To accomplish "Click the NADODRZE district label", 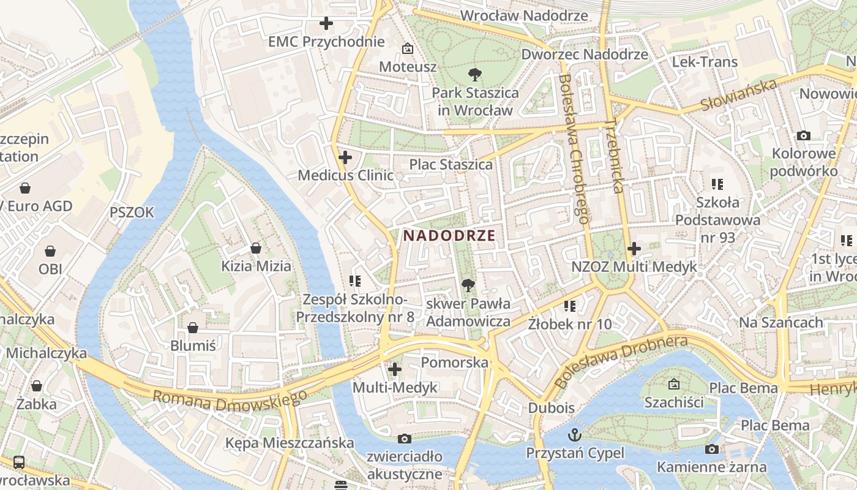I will click(449, 235).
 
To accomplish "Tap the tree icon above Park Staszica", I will click(474, 75).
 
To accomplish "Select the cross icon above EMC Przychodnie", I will click(326, 24).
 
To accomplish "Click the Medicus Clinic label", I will click(345, 175).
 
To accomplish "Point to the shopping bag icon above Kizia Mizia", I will click(256, 248).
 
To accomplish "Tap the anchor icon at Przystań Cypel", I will click(575, 435).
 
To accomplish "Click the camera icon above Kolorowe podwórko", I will click(804, 135).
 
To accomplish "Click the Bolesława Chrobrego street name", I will click(574, 149).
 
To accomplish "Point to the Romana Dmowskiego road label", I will click(230, 400).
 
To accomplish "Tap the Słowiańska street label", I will click(738, 96).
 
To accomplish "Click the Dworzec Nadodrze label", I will click(584, 55).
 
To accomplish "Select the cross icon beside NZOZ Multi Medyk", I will click(634, 249).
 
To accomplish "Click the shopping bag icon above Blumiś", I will click(193, 328).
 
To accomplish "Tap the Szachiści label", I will click(673, 402).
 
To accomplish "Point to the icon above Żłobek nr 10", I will click(570, 305).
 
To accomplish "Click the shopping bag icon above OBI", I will click(50, 251).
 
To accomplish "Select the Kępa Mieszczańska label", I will click(290, 443).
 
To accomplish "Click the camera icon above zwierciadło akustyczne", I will click(404, 439).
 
